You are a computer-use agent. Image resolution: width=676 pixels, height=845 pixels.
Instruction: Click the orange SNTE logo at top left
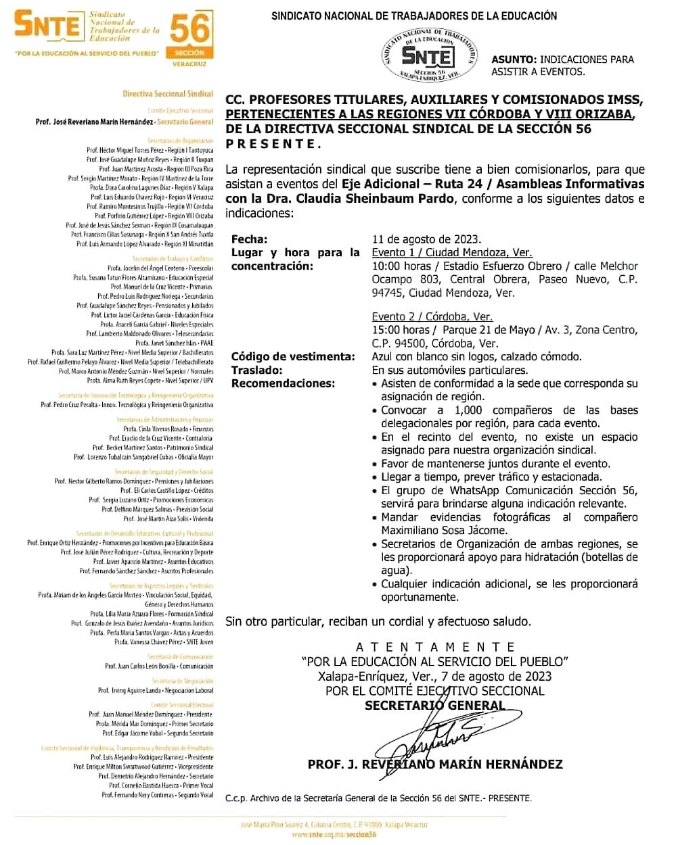tap(47, 26)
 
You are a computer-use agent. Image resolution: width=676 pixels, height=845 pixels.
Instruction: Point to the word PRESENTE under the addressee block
tap(271, 143)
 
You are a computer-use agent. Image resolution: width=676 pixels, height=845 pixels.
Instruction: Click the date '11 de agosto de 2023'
tap(426, 239)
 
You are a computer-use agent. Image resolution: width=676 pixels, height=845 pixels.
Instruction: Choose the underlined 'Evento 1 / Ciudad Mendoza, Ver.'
tap(451, 252)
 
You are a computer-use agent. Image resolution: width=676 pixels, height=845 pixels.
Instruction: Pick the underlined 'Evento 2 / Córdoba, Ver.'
tap(432, 316)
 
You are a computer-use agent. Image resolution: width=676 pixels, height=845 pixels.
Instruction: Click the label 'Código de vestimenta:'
tap(292, 357)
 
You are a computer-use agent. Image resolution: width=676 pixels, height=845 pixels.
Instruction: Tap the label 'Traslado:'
tap(257, 370)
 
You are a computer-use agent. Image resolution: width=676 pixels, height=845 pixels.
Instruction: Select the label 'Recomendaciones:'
tap(283, 383)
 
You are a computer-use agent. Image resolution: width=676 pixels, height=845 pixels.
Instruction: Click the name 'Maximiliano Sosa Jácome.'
tap(444, 531)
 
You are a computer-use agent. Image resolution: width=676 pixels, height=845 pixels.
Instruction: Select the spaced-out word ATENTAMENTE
tap(436, 647)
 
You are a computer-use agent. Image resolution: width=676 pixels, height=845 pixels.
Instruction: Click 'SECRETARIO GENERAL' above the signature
tap(434, 705)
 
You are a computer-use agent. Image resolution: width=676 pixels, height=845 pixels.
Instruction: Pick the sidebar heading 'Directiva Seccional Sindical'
tap(168, 94)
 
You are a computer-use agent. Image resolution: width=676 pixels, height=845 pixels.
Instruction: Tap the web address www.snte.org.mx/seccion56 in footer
tap(334, 835)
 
